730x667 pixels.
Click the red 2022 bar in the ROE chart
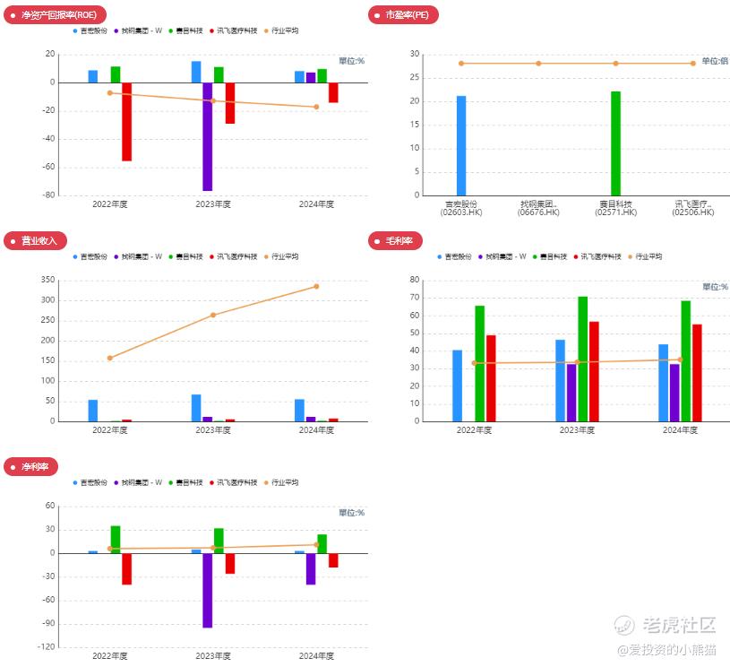pyautogui.click(x=126, y=122)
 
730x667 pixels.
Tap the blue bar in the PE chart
pyautogui.click(x=461, y=145)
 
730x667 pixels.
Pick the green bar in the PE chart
pyautogui.click(x=615, y=143)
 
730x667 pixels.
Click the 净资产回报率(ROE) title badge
pyautogui.click(x=56, y=14)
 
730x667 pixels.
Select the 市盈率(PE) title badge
pyautogui.click(x=403, y=15)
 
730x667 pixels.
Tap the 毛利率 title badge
pyautogui.click(x=393, y=240)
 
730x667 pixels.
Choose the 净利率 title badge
pyautogui.click(x=34, y=467)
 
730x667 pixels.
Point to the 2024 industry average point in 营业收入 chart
pyautogui.click(x=316, y=287)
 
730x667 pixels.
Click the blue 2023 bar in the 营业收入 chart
pyautogui.click(x=196, y=408)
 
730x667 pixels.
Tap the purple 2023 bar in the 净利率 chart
pyautogui.click(x=207, y=590)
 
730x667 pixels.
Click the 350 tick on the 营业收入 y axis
pyautogui.click(x=47, y=280)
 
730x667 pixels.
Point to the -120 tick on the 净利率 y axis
pyautogui.click(x=44, y=646)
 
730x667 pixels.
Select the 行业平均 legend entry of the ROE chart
pyautogui.click(x=282, y=30)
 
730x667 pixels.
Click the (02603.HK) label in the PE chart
pyautogui.click(x=461, y=212)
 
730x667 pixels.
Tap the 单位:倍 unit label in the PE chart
pyautogui.click(x=714, y=61)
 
